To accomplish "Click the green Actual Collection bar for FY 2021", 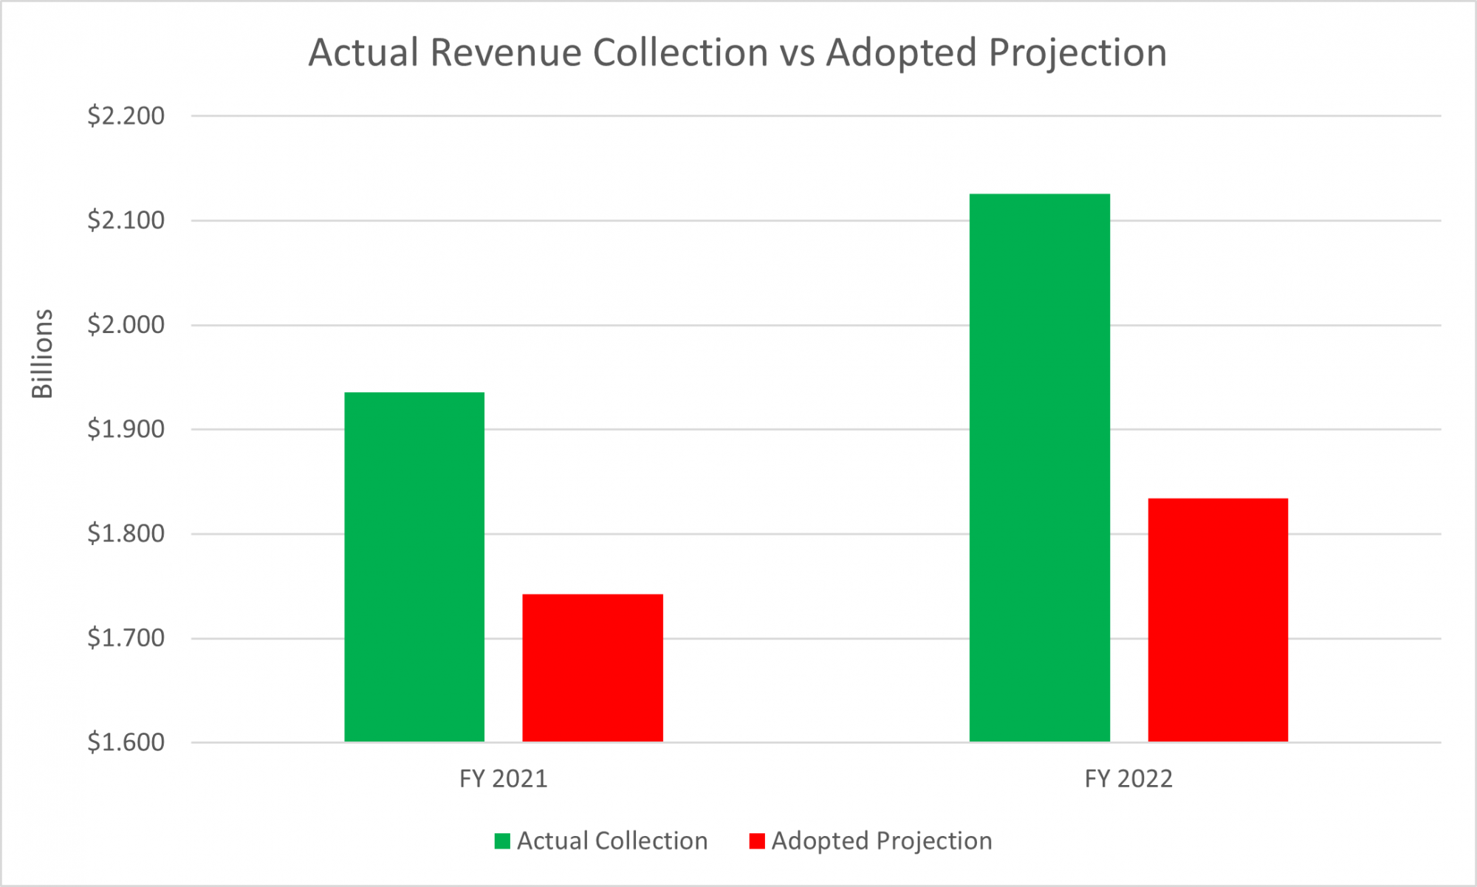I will [414, 567].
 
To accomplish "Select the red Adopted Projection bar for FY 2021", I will [592, 668].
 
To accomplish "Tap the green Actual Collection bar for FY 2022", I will [1039, 468].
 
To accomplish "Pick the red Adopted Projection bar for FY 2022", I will [1218, 620].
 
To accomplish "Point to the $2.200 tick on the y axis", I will [126, 116].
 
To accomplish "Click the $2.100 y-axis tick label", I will [126, 220].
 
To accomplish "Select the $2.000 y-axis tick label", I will [126, 325].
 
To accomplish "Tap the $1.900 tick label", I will [126, 429].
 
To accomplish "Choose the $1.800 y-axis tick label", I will [126, 533].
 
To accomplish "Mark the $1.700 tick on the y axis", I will [126, 637].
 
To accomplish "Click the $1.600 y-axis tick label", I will [126, 742].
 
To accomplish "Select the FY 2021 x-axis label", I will [503, 779].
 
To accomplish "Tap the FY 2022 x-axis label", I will [1128, 779].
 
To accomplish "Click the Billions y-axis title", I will [43, 354].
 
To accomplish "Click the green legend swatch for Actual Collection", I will [502, 841].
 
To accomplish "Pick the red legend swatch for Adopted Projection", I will [757, 841].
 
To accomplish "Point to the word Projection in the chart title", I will [1077, 53].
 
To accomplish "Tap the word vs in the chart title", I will [797, 53].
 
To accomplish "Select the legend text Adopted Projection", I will [882, 841].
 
